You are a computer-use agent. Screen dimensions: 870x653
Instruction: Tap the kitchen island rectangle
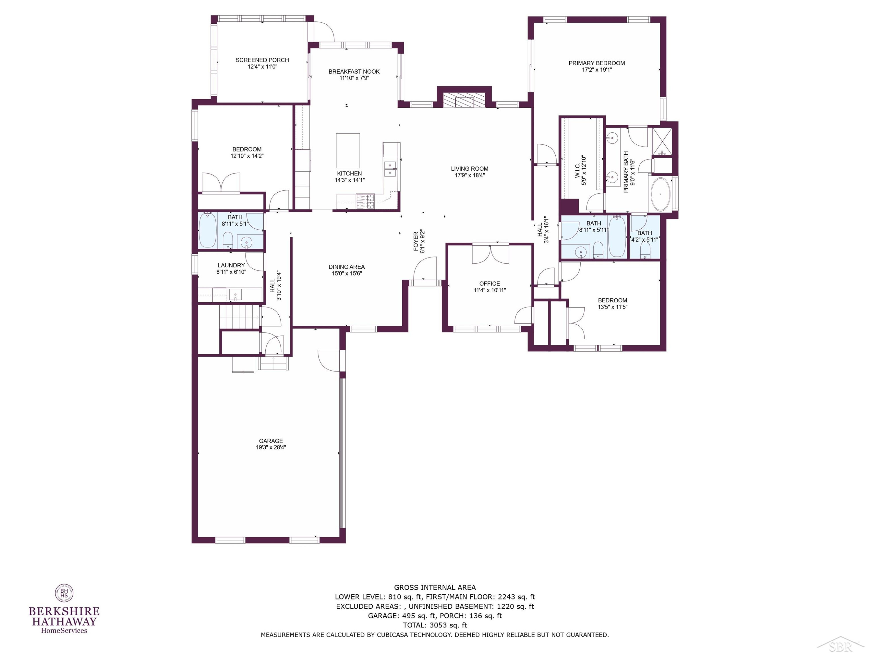click(x=348, y=151)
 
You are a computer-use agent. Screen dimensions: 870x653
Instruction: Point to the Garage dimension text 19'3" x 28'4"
click(x=271, y=447)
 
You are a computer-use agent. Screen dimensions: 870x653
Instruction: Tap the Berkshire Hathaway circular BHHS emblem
click(x=64, y=593)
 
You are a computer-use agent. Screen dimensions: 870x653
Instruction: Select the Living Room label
click(x=469, y=168)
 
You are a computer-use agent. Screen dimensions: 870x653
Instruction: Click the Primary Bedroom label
click(x=596, y=63)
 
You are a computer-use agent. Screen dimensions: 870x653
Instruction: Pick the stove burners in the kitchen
click(x=365, y=201)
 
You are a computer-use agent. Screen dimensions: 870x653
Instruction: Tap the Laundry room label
click(x=231, y=265)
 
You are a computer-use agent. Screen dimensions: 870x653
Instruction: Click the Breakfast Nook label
click(x=354, y=71)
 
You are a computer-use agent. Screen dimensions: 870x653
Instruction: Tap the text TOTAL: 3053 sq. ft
click(x=435, y=625)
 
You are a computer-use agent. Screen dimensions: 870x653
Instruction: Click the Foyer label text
click(x=416, y=241)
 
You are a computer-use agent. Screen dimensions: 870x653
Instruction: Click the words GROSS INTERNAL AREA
click(x=435, y=588)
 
